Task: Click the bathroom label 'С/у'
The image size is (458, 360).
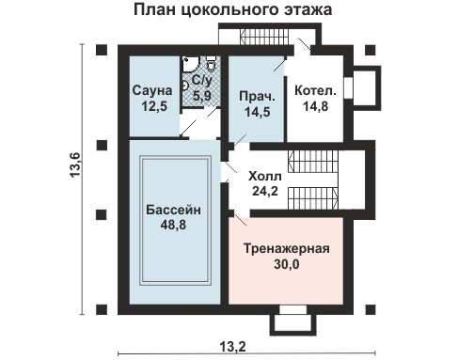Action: pos(202,81)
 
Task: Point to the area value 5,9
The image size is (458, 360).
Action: pos(202,95)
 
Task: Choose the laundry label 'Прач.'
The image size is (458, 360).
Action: pos(256,97)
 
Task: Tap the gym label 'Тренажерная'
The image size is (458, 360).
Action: pos(292,249)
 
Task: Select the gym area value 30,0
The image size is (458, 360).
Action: pos(292,265)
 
